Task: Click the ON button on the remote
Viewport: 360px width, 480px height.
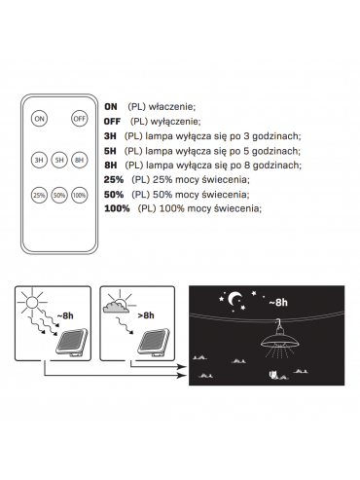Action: click(39, 119)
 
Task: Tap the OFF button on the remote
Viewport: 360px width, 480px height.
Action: click(80, 119)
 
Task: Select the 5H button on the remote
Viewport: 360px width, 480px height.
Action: click(59, 160)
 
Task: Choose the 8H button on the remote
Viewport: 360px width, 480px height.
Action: click(80, 160)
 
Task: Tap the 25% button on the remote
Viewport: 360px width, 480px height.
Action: click(39, 195)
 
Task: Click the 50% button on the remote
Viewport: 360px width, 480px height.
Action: click(59, 195)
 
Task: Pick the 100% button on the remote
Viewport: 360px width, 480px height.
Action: click(80, 195)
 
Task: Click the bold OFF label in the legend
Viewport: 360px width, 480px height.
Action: click(112, 122)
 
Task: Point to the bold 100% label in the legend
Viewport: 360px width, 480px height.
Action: click(117, 208)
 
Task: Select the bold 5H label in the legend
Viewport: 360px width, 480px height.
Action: click(110, 151)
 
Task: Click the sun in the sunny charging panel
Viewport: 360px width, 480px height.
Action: click(32, 303)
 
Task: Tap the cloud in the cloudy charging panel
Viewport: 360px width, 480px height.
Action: click(116, 307)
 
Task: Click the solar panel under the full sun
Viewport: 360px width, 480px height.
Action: click(72, 342)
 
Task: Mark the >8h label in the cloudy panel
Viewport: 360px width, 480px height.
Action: click(146, 315)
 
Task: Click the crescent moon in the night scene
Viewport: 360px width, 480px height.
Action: click(235, 298)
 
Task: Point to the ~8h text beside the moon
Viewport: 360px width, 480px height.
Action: click(278, 303)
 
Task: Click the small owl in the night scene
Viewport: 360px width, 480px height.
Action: click(272, 375)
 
